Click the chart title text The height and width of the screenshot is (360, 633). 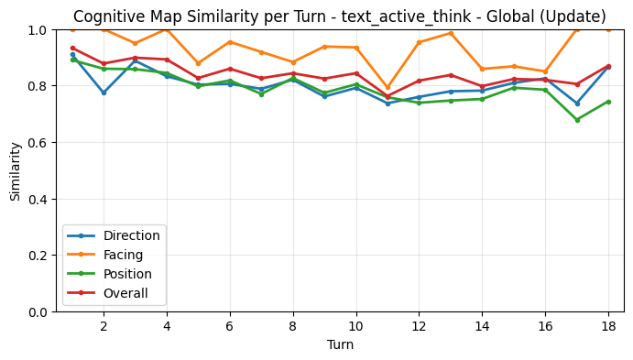point(340,16)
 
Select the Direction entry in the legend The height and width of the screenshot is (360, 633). point(132,235)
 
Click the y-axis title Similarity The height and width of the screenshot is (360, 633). point(16,170)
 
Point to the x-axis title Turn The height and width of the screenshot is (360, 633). point(340,344)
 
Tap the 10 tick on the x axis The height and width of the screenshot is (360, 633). point(356,325)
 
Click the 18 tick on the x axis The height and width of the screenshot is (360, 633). point(608,325)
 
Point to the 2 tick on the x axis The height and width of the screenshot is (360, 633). point(104,325)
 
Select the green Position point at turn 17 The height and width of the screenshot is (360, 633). point(576,120)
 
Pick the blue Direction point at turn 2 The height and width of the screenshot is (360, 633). point(104,93)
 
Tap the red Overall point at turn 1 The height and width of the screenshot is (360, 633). point(72,49)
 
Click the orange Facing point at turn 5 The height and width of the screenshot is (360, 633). point(198,64)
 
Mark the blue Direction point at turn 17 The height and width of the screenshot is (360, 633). point(576,103)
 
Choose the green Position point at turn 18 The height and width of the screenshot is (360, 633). point(608,102)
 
